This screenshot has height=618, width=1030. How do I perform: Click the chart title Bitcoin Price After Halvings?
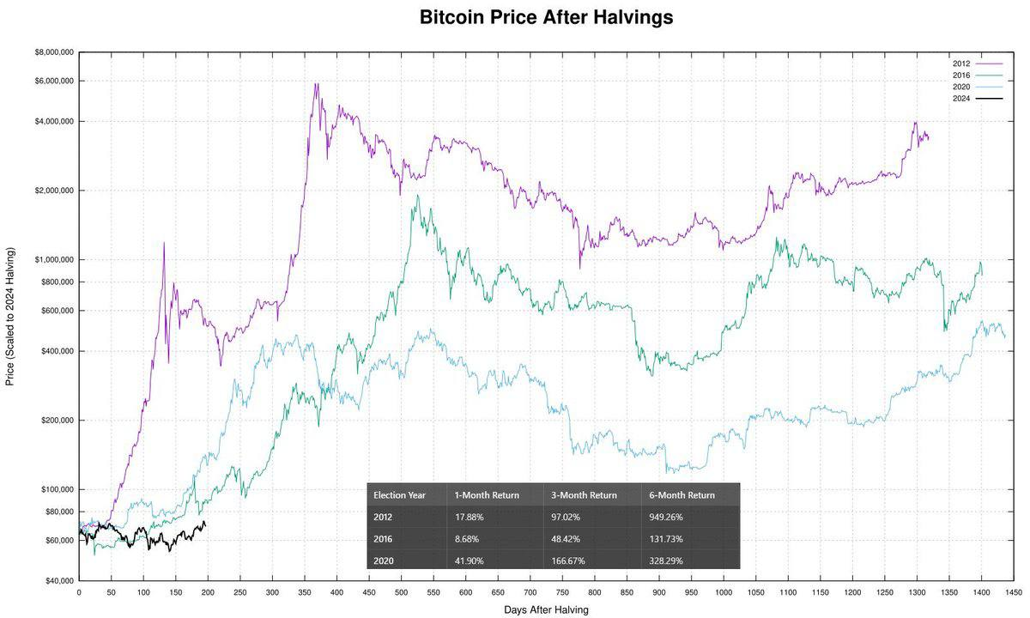(546, 17)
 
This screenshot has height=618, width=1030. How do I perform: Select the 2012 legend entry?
(961, 64)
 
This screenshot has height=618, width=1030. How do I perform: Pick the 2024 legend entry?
(961, 98)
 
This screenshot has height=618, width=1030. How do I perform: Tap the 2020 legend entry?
(961, 87)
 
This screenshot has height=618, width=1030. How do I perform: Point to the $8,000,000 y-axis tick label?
(53, 52)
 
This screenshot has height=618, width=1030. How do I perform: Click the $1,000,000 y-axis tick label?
(53, 259)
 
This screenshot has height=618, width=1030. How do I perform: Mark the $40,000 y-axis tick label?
(58, 581)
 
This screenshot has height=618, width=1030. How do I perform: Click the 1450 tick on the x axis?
(1014, 591)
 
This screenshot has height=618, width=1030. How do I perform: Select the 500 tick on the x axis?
(401, 591)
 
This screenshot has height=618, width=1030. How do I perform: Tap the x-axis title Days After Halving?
(546, 609)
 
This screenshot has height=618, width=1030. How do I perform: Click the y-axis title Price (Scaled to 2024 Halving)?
(10, 316)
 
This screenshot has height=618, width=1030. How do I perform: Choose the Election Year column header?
(400, 495)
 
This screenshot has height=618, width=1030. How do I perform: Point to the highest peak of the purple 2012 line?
(316, 84)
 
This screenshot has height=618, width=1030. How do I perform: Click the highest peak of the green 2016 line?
(417, 196)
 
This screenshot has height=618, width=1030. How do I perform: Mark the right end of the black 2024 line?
(205, 524)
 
